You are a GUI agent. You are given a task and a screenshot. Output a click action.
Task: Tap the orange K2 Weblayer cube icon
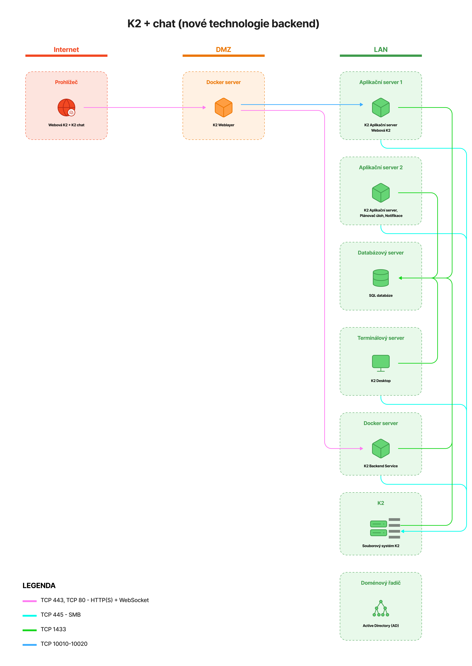coord(223,107)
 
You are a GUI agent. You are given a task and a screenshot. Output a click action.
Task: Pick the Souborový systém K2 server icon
coord(385,528)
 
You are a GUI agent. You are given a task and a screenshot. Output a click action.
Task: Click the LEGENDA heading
coord(39,585)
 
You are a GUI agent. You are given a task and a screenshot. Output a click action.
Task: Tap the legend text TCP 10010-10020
coord(64,644)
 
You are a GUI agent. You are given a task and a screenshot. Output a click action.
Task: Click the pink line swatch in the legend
coord(30,601)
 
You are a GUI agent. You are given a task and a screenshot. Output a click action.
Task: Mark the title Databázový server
coord(381,253)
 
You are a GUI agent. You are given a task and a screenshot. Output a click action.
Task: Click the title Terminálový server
coord(381,338)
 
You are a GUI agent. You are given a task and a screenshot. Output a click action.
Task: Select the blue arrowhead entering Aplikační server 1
coord(362,104)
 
